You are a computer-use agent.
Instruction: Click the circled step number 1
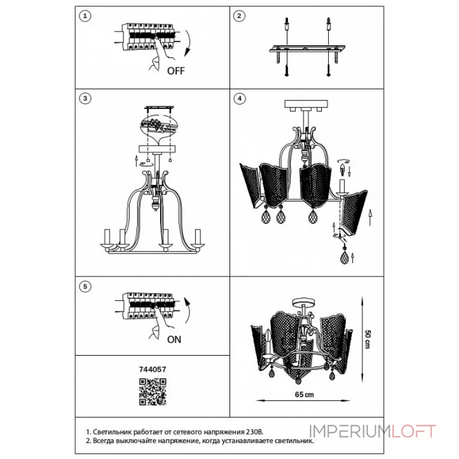(85, 16)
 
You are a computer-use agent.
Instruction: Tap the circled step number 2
(239, 16)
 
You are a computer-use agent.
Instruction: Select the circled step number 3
(85, 98)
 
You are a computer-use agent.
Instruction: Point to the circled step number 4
(240, 98)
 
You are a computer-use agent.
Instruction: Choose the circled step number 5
(85, 286)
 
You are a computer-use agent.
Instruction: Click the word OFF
(176, 71)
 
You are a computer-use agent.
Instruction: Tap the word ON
(174, 340)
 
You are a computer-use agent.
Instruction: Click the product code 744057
(153, 369)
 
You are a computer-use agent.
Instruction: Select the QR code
(153, 392)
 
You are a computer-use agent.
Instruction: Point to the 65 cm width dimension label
(304, 395)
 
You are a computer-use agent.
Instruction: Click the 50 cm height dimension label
(368, 339)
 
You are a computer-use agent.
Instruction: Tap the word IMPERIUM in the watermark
(350, 431)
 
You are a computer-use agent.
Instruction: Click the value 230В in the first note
(254, 432)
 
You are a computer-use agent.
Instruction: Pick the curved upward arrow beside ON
(188, 311)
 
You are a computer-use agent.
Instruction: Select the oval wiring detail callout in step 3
(160, 126)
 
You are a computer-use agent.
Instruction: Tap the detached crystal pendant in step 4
(345, 256)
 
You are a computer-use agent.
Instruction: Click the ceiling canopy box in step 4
(306, 104)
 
